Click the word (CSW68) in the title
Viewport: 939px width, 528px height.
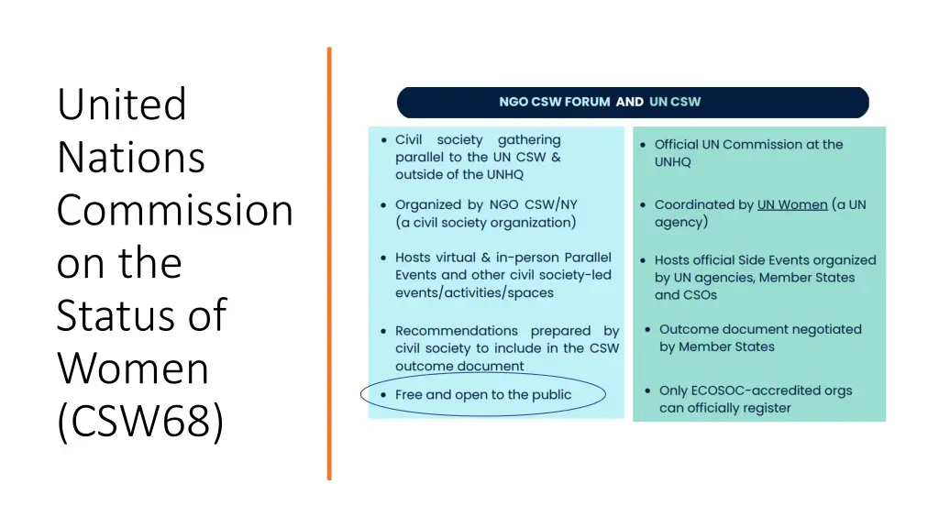pos(139,422)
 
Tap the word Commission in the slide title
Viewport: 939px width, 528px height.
pos(174,210)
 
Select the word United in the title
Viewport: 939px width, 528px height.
pos(121,104)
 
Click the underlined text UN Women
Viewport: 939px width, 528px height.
pos(791,204)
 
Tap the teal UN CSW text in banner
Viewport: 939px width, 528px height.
pos(675,102)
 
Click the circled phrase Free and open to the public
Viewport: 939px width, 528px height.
pos(482,395)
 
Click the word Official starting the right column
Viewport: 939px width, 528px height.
pos(676,144)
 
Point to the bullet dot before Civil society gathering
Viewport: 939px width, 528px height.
pos(383,140)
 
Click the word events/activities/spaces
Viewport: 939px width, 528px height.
pos(474,293)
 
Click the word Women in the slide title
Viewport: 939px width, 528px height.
pos(132,368)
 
